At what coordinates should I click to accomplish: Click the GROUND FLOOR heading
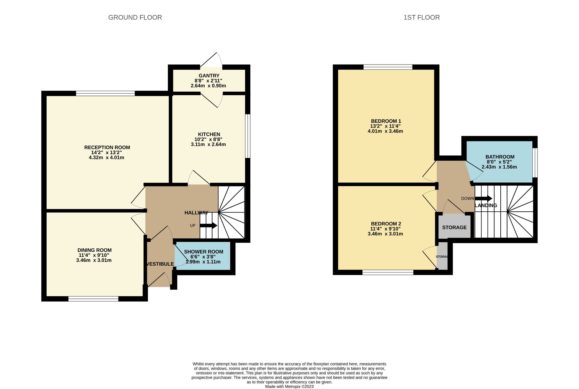[x=135, y=18]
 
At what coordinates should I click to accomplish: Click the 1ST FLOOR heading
[x=421, y=18]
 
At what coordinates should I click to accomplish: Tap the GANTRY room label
[x=209, y=76]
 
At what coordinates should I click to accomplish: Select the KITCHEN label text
[x=209, y=134]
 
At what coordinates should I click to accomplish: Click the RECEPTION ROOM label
[x=107, y=147]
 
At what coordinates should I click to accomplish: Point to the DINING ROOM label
[x=94, y=250]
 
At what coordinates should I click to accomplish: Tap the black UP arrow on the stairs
[x=208, y=225]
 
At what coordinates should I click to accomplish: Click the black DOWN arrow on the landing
[x=483, y=198]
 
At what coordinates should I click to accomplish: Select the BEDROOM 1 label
[x=386, y=121]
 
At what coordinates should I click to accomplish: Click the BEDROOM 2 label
[x=386, y=223]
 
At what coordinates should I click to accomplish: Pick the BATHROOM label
[x=500, y=157]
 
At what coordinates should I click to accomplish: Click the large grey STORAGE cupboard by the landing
[x=454, y=227]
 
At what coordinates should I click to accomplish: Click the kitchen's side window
[x=248, y=136]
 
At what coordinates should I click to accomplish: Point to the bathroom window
[x=535, y=162]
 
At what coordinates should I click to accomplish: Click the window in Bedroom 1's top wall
[x=388, y=67]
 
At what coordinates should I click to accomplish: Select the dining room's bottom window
[x=93, y=299]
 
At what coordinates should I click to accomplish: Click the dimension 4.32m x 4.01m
[x=106, y=158]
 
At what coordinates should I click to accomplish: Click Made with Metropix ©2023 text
[x=289, y=386]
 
